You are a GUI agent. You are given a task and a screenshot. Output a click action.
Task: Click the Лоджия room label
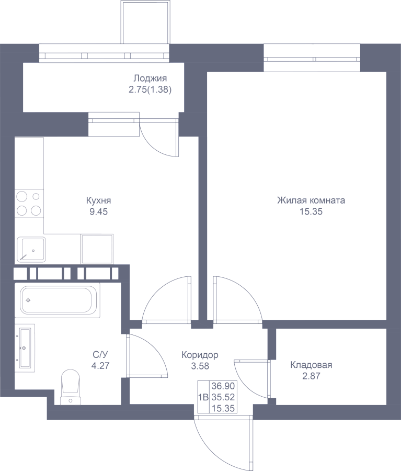[150, 79]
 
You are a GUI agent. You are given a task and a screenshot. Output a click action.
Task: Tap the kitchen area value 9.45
[98, 212]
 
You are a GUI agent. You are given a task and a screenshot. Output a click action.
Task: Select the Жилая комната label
[311, 200]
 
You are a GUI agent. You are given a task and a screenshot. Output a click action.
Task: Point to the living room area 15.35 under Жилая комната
[311, 212]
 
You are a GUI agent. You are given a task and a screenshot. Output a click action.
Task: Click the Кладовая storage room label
[311, 365]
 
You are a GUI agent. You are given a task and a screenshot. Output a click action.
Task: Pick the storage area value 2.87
[311, 376]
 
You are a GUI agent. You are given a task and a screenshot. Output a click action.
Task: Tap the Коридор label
[200, 355]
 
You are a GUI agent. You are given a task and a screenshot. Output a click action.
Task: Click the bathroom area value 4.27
[100, 366]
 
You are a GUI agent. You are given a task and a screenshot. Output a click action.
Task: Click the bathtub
[58, 300]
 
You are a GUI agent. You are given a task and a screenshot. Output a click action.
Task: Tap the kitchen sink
[31, 249]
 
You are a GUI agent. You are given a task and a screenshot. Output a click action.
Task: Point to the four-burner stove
[29, 204]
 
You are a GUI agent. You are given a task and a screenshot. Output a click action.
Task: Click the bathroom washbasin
[25, 347]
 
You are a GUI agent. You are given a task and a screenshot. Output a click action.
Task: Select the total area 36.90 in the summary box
[223, 386]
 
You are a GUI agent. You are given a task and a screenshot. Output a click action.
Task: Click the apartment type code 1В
[203, 397]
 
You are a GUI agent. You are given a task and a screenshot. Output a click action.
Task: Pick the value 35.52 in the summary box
[223, 397]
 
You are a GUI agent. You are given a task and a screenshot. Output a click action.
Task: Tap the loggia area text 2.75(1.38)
[150, 90]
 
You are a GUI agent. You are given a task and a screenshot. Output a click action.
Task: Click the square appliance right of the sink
[97, 249]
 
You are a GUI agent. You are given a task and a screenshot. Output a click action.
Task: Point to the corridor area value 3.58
[200, 366]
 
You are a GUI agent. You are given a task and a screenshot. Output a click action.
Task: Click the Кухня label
[98, 200]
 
